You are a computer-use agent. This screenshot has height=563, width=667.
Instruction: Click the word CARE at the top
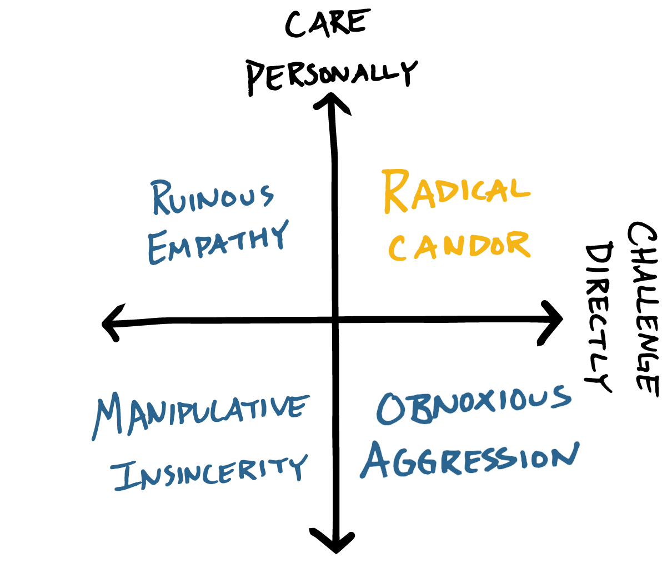point(327,24)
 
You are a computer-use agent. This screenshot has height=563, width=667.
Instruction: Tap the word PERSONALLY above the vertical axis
point(332,74)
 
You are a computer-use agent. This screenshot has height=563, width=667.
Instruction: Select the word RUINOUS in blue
point(213,198)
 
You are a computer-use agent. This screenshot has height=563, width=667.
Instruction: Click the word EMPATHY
point(218,242)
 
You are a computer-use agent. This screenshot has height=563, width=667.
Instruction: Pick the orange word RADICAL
point(456,192)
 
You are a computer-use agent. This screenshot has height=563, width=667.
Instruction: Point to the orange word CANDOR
point(459,245)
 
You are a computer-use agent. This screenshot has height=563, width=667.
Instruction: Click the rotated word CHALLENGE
point(644,309)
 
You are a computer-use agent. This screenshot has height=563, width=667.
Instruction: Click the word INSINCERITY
point(209,472)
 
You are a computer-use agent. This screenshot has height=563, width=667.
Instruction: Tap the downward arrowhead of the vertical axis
point(334,541)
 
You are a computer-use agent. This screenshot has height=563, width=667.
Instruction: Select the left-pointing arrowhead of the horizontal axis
point(111,323)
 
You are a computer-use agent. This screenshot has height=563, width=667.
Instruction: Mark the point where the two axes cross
point(335,320)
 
